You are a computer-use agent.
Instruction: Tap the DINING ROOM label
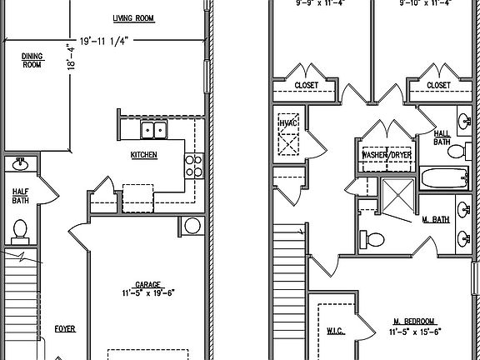coord(31,60)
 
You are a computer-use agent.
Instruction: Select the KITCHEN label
coord(144,156)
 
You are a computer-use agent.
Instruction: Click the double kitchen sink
coord(152,129)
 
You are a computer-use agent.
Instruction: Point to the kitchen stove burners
coord(192,166)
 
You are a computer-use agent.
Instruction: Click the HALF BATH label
coord(21,196)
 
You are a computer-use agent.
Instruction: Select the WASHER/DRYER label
coord(386,155)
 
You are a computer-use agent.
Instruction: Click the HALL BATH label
coord(442,137)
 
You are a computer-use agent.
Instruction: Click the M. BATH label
coord(436,219)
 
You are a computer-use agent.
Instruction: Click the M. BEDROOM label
coord(413,321)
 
